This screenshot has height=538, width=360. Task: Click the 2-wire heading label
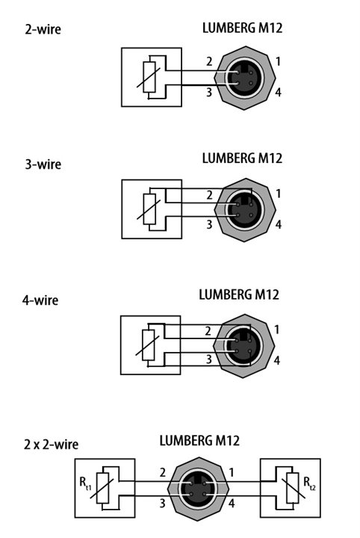tap(43, 29)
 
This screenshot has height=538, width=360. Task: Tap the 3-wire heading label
tap(43, 164)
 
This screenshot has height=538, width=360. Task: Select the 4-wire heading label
tap(40, 300)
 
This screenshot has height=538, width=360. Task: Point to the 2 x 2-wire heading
tap(51, 445)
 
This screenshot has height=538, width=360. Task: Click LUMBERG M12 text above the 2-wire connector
tap(243, 28)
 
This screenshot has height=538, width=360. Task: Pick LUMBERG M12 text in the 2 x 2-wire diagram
tap(199, 441)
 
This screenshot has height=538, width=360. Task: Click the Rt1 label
tap(85, 483)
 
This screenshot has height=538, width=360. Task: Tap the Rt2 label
tap(309, 483)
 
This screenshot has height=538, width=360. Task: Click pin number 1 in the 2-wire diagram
tap(278, 61)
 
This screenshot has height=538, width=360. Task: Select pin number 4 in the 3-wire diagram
tap(279, 224)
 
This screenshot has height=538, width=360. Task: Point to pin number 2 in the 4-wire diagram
tap(208, 331)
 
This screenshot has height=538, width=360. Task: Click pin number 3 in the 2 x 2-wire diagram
tap(163, 504)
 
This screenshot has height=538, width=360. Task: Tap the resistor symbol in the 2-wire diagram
tap(149, 77)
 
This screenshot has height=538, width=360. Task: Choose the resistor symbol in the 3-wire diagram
tap(149, 209)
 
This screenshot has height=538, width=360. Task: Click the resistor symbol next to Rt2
tap(293, 488)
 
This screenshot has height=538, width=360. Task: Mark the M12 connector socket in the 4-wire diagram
tap(243, 346)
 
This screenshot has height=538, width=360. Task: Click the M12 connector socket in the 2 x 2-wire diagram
tap(198, 489)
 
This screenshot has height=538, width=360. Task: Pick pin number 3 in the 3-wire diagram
tap(209, 224)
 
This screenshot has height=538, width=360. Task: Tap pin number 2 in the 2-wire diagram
tap(209, 61)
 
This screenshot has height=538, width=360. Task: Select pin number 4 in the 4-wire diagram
tap(277, 360)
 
